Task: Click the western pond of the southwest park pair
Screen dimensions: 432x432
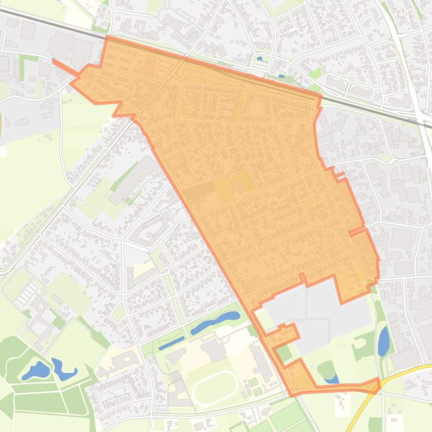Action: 37,370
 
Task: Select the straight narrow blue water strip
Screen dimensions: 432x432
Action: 171,343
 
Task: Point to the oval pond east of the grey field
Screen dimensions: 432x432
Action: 384,342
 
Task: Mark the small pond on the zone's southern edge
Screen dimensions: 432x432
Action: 331,380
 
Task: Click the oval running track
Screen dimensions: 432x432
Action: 215,387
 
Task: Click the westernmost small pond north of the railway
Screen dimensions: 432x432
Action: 259,58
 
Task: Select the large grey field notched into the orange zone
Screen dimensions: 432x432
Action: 317,306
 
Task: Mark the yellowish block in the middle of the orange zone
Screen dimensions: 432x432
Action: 243,180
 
